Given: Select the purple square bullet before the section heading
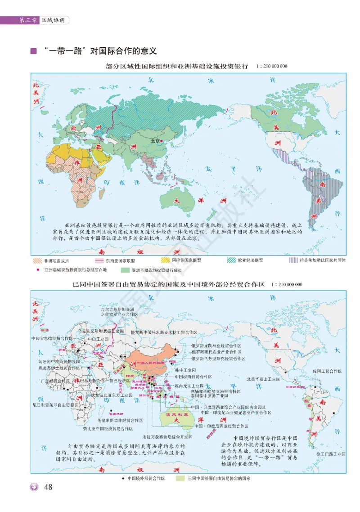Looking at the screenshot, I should [x=33, y=50].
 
